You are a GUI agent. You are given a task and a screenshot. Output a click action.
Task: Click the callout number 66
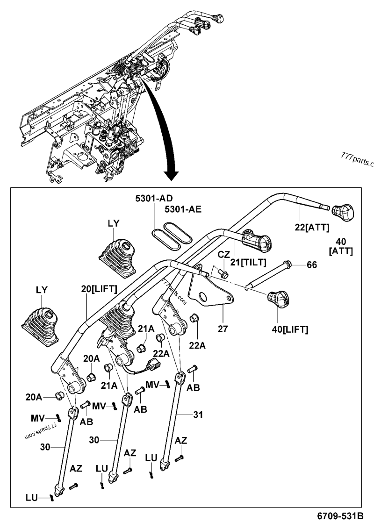click(x=312, y=265)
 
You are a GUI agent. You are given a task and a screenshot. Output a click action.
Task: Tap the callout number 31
click(x=199, y=414)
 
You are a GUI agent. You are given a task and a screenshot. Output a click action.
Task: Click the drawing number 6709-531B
click(x=341, y=516)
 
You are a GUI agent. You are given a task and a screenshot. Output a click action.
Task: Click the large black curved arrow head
click(x=172, y=175)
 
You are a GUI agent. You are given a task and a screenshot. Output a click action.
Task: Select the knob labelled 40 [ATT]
click(x=344, y=212)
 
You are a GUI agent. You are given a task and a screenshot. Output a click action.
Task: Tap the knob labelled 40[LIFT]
click(x=279, y=299)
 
